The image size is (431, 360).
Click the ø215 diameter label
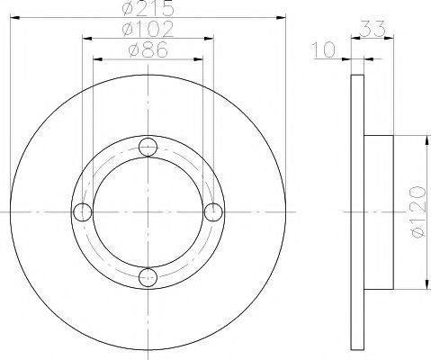(148, 8)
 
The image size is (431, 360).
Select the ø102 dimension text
(148, 29)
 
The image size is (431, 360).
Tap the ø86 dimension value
(148, 49)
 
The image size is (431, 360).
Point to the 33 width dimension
(372, 29)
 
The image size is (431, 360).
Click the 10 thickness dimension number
(323, 49)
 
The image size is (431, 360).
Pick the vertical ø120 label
(418, 211)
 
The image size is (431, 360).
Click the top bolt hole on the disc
(148, 147)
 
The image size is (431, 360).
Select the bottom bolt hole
(148, 277)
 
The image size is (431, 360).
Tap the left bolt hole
(83, 212)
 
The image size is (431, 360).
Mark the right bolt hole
(213, 212)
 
